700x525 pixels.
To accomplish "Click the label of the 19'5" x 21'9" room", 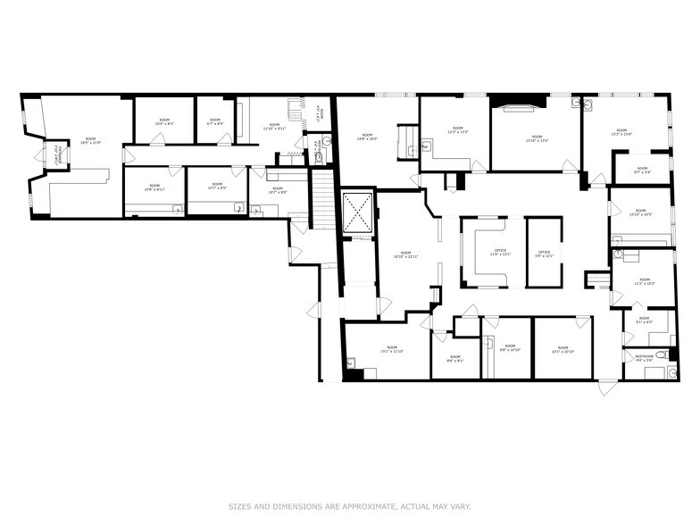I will (x=90, y=139).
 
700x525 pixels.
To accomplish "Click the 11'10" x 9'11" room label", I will (x=274, y=126).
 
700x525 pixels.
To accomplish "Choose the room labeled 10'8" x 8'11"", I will (x=154, y=187).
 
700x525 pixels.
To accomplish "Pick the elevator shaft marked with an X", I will (x=358, y=212).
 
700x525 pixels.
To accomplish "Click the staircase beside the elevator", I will (x=322, y=201).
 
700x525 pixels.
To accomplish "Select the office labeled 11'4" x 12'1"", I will (x=500, y=253).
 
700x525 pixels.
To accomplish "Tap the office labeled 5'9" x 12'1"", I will (x=544, y=253).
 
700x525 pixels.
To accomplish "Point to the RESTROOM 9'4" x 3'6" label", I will (x=644, y=357).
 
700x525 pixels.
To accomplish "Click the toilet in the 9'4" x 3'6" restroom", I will (x=661, y=355).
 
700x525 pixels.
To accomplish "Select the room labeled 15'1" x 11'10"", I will (x=391, y=349).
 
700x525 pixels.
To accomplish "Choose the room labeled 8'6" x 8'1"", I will (x=454, y=359).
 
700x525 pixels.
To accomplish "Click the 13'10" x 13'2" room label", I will (x=536, y=138).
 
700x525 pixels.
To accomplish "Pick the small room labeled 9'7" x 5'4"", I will (x=642, y=171).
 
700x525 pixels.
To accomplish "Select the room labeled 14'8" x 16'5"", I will (x=367, y=137).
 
